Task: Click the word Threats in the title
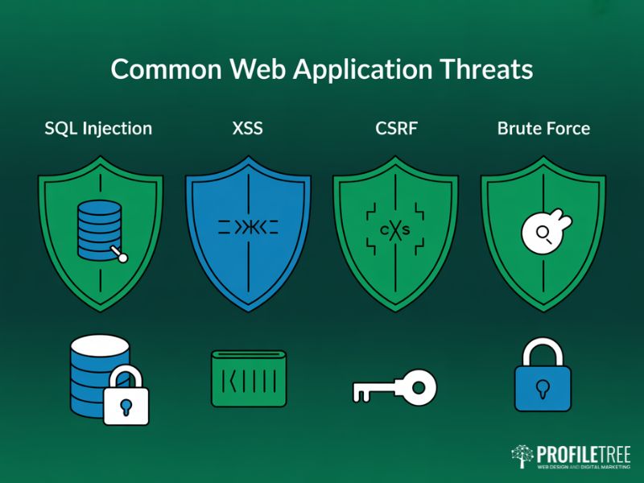tap(485, 69)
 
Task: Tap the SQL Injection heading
tap(98, 129)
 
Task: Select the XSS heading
tap(247, 129)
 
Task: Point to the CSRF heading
tap(395, 129)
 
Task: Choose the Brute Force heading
tap(543, 129)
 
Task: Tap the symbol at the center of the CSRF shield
tap(395, 230)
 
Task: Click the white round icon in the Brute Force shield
tap(541, 233)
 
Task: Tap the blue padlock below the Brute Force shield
tap(543, 376)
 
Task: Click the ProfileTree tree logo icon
tap(522, 456)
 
